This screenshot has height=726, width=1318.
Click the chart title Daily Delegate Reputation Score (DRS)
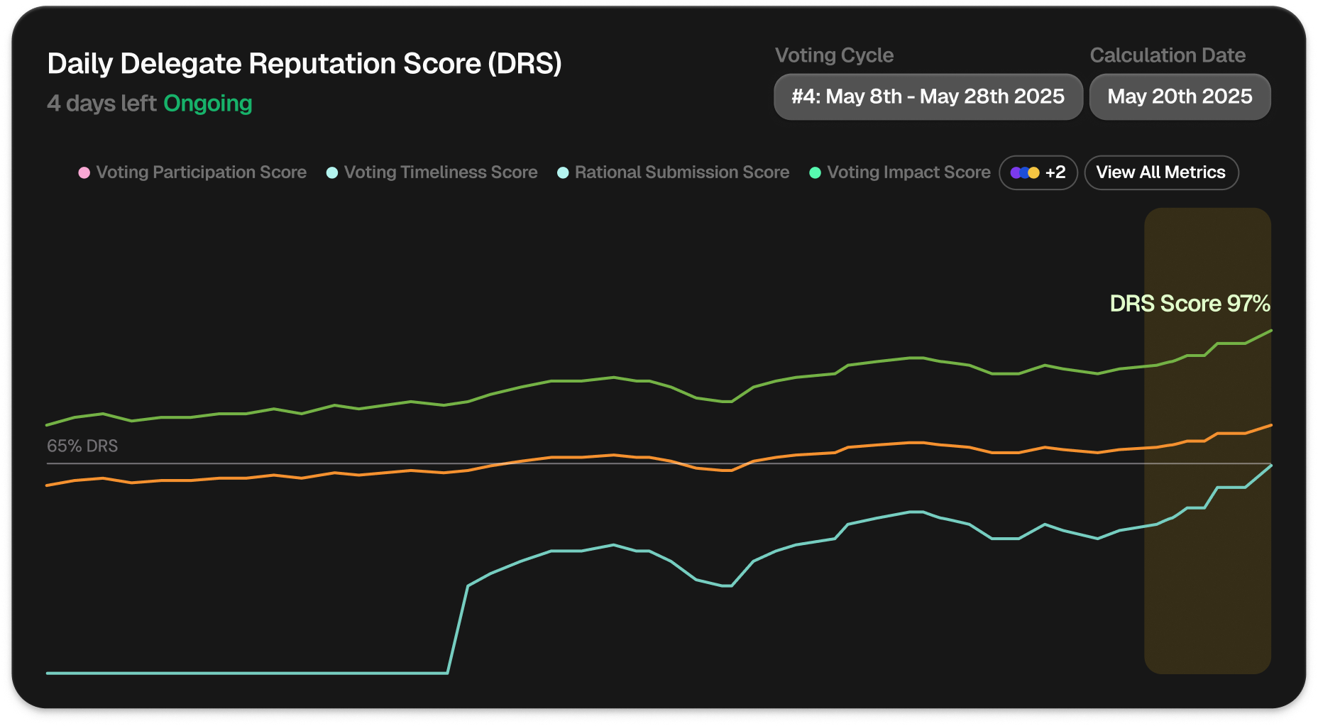(304, 64)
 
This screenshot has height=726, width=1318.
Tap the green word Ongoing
(208, 104)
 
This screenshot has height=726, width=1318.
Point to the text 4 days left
(101, 104)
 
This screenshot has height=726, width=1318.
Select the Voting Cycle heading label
(834, 55)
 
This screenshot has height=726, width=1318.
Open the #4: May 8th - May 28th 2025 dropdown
(928, 97)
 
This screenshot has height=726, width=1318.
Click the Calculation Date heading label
(1168, 55)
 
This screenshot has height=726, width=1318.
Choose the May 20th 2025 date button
(1180, 97)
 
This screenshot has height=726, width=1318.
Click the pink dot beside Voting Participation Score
(84, 172)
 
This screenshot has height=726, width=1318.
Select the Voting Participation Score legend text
(202, 172)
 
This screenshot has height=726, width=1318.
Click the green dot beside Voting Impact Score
(815, 172)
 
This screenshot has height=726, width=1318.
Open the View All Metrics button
(1161, 172)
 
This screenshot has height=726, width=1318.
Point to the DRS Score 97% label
(1190, 304)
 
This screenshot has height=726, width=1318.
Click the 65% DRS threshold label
(82, 446)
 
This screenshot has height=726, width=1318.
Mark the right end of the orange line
(1270, 425)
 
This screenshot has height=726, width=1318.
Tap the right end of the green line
(1270, 331)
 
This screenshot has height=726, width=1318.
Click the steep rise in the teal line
(458, 629)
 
